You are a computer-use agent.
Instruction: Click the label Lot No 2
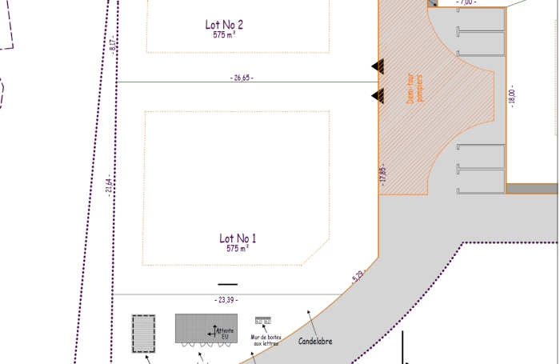point(224,25)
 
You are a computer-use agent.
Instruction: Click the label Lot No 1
point(238,238)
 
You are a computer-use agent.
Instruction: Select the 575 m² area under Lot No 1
point(238,249)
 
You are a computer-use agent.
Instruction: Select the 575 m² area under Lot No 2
point(224,35)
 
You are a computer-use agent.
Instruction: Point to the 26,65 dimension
point(241,78)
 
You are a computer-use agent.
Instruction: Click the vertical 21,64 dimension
point(108,186)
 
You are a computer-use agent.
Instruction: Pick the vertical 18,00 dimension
point(513,97)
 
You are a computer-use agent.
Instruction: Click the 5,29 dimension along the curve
point(357,278)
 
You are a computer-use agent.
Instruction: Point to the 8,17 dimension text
point(114,45)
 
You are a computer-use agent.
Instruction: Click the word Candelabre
point(315,342)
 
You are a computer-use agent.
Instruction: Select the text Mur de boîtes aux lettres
point(265,340)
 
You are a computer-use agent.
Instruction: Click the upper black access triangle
point(377,66)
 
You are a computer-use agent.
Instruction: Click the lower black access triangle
point(377,97)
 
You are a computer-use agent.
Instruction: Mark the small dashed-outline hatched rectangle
point(143,333)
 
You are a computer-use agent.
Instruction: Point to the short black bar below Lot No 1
point(228,284)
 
